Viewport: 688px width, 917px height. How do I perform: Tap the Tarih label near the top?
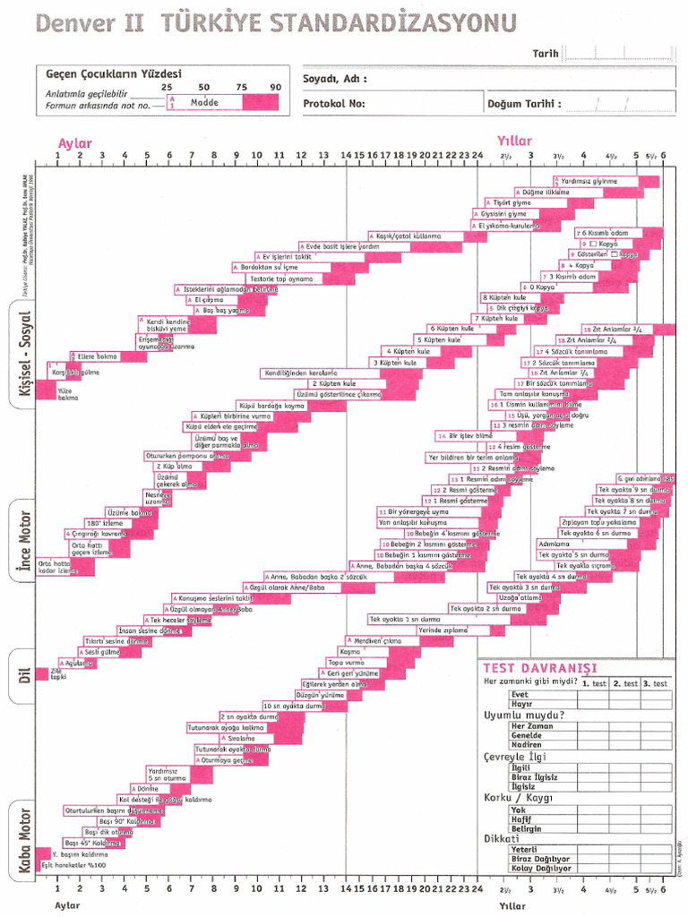[x=546, y=54]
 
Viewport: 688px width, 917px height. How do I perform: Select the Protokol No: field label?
[x=334, y=103]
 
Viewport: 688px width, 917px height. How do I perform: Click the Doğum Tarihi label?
[x=524, y=103]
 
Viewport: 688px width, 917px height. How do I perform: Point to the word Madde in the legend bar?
[x=204, y=102]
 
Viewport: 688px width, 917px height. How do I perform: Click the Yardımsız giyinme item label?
[x=589, y=181]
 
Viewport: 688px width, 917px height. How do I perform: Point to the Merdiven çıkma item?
[x=380, y=640]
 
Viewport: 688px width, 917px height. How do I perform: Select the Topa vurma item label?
[x=346, y=662]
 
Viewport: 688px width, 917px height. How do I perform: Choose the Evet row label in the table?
[x=520, y=694]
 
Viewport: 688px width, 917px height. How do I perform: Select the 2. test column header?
[x=626, y=683]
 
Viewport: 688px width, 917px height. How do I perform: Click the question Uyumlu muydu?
[x=524, y=715]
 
